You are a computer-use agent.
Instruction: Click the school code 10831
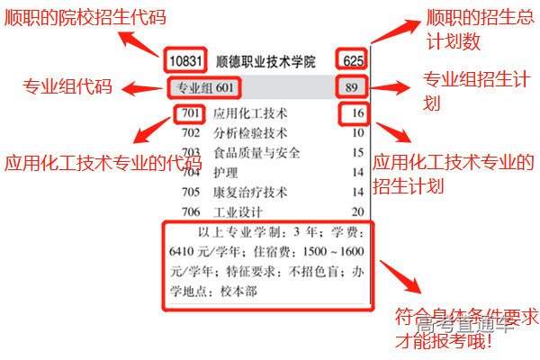pyautogui.click(x=187, y=61)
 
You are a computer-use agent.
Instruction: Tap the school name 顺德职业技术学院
pyautogui.click(x=266, y=62)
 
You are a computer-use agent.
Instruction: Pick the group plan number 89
pyautogui.click(x=352, y=87)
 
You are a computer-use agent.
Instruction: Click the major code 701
pyautogui.click(x=190, y=113)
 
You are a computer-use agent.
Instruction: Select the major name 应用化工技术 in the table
pyautogui.click(x=249, y=114)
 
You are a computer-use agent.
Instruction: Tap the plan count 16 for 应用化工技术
pyautogui.click(x=357, y=113)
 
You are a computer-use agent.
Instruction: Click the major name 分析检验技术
pyautogui.click(x=249, y=133)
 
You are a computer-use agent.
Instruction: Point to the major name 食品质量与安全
pyautogui.click(x=256, y=153)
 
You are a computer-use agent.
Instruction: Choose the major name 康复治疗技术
pyautogui.click(x=249, y=192)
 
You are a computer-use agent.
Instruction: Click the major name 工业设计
pyautogui.click(x=237, y=212)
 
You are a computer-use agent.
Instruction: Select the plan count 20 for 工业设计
pyautogui.click(x=357, y=212)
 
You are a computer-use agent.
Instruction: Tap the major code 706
pyautogui.click(x=190, y=212)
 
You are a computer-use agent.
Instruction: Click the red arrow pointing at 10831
pyautogui.click(x=141, y=42)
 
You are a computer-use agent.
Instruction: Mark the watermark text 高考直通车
pyautogui.click(x=472, y=325)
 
